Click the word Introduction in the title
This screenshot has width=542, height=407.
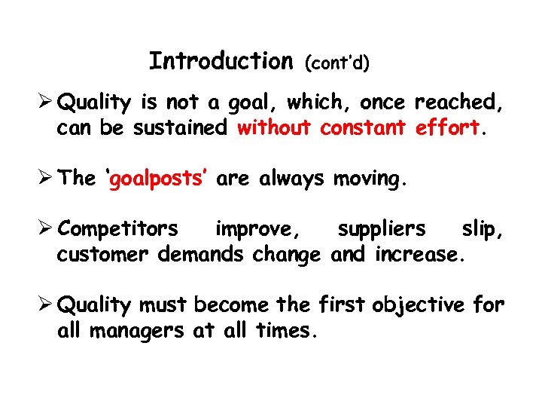coord(221,60)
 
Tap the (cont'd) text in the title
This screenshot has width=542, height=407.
coord(336,63)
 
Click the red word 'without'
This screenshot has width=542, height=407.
coord(274,128)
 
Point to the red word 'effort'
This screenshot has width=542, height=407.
coord(447,128)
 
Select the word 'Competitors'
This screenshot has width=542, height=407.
coord(118,228)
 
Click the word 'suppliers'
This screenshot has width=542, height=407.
coord(381,228)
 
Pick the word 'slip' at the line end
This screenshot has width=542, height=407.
coord(479,228)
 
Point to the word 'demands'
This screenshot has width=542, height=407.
coord(201,254)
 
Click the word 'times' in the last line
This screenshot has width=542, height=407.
coord(286,330)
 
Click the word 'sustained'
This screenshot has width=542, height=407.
coord(180,128)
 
